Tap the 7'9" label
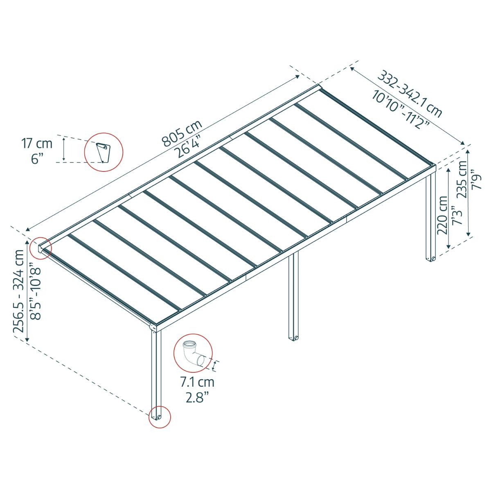coord(477,180)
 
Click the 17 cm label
coord(37,144)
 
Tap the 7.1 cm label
coord(197,383)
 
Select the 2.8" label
coord(197,398)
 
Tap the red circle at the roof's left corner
coord(40,248)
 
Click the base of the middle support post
coord(294,338)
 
